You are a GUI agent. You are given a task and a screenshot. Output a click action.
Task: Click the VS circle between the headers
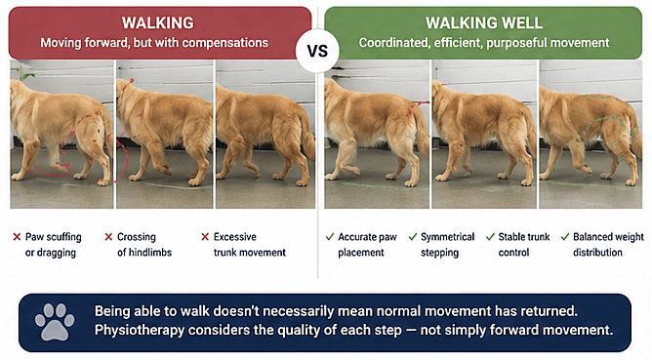(317, 51)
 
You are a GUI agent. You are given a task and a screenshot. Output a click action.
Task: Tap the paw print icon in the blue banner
(55, 322)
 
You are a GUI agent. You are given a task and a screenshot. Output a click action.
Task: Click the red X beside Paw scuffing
(17, 237)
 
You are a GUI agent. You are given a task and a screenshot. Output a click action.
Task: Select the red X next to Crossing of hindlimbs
(108, 237)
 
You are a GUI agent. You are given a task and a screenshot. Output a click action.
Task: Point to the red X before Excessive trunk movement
(205, 237)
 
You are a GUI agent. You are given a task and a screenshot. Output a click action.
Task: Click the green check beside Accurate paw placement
(330, 237)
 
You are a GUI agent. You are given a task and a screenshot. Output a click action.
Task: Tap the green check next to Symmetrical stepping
(413, 237)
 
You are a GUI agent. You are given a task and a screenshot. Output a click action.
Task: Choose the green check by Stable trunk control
(490, 237)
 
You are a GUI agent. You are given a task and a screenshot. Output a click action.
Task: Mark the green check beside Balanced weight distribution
(565, 237)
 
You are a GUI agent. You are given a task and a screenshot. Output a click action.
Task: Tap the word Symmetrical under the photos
(447, 237)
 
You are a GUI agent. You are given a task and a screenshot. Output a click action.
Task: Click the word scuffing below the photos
(64, 237)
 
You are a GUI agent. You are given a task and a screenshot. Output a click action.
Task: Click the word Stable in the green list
(511, 237)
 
